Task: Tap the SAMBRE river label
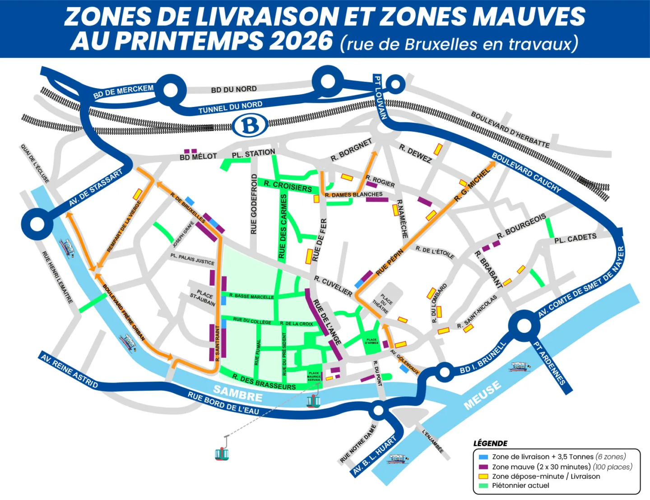point(237,393)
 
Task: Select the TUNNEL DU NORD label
point(230,107)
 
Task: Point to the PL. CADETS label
point(575,238)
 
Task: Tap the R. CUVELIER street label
point(333,286)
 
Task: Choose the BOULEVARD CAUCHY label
point(526,172)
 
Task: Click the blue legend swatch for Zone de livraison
point(483,457)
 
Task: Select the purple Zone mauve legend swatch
point(483,467)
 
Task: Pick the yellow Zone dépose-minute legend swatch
point(483,476)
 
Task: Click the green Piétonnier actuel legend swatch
point(483,486)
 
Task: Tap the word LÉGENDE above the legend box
point(490,443)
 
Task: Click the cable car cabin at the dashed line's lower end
point(222,453)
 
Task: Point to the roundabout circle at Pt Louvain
point(395,84)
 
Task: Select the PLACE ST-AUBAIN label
point(204,297)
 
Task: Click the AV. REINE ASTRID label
point(69,370)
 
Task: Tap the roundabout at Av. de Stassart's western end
point(37,224)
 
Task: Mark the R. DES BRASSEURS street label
point(264,382)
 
